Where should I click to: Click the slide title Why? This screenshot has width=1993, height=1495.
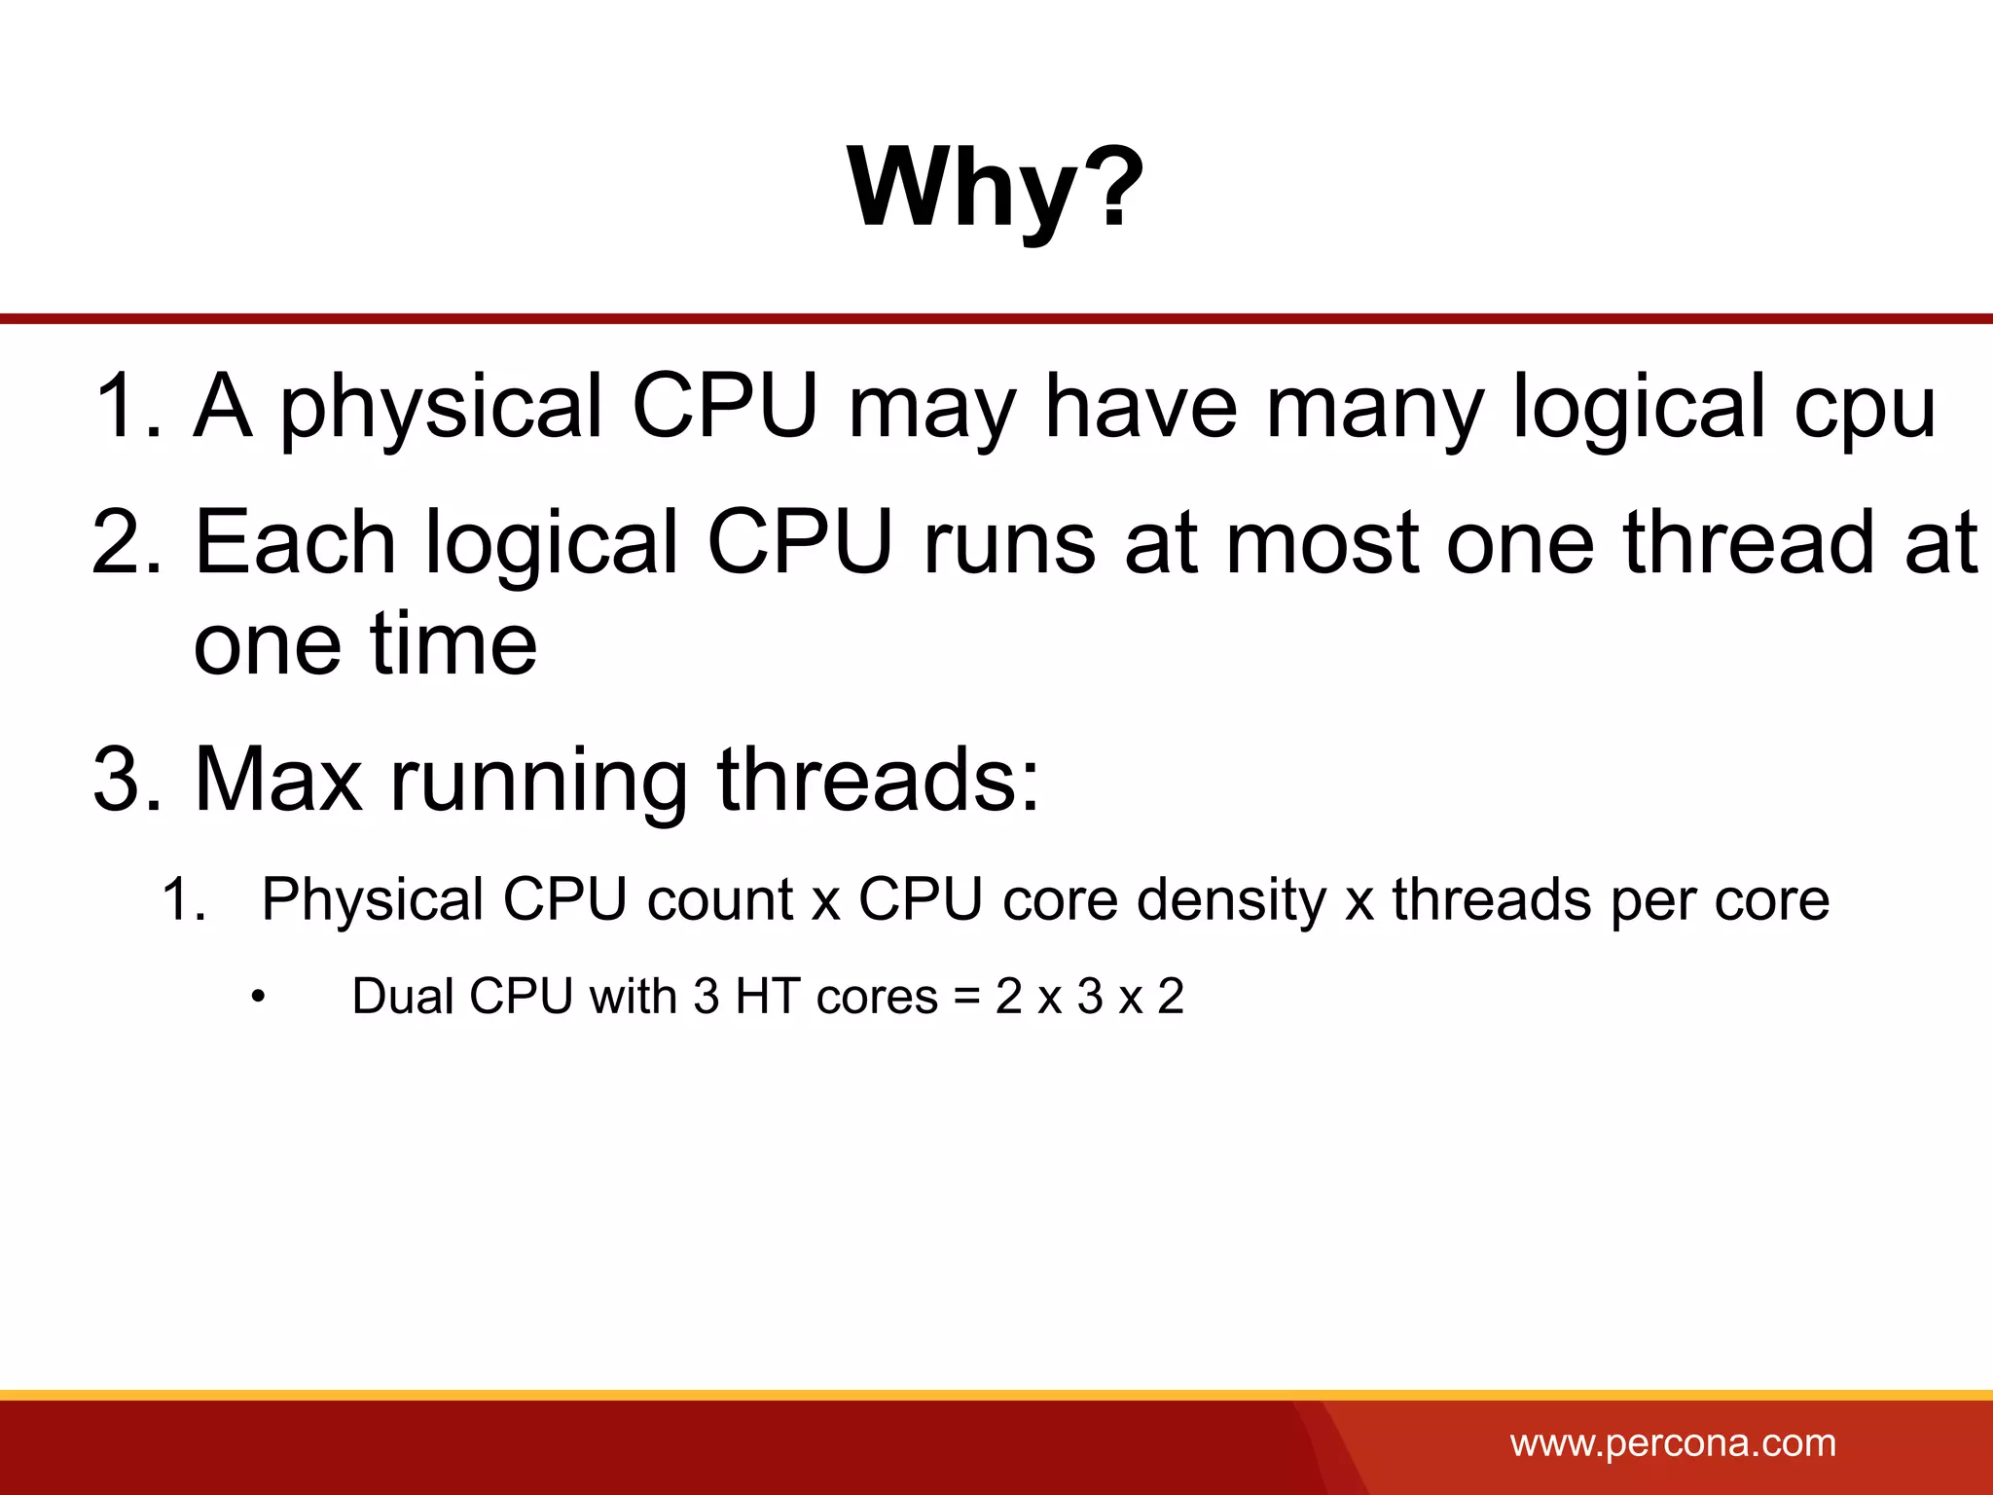[996, 187]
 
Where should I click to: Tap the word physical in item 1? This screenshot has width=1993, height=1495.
[442, 407]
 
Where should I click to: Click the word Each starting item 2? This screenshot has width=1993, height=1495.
[295, 542]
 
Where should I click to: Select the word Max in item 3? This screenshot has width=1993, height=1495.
[278, 779]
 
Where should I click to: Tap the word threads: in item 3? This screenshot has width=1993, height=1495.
[878, 779]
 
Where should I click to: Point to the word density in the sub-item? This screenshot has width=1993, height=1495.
[1231, 899]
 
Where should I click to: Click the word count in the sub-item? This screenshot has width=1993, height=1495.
[720, 899]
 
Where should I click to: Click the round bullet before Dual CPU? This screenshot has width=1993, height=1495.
[258, 998]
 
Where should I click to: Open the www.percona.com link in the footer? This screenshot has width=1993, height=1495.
[1673, 1443]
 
